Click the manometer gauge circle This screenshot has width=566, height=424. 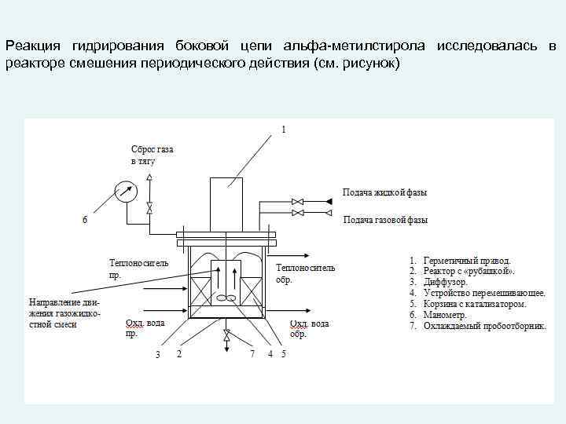click(125, 191)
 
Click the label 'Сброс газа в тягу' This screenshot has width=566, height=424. click(152, 155)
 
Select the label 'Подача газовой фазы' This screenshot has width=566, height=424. click(385, 220)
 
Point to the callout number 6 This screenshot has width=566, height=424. click(85, 219)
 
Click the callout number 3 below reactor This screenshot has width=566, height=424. click(158, 355)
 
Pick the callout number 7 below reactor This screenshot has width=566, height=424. click(252, 354)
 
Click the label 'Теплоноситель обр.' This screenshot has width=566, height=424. click(305, 273)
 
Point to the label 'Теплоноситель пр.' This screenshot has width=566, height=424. click(138, 269)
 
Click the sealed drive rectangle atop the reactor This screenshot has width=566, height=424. click(230, 203)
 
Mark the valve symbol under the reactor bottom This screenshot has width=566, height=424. click(227, 336)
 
